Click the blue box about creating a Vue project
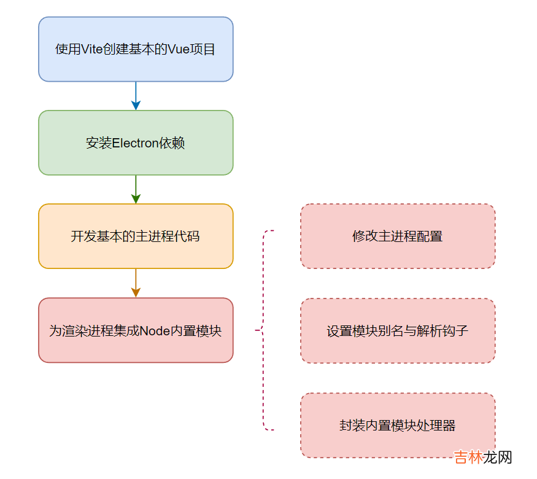tap(136, 49)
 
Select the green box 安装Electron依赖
tap(136, 143)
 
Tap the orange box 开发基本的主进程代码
tap(136, 236)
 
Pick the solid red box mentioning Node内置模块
tap(136, 330)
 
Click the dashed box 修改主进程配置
tap(397, 236)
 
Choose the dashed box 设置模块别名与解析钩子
tap(397, 331)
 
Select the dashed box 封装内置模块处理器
tap(397, 425)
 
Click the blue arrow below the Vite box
tap(136, 95)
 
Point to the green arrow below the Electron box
tap(136, 189)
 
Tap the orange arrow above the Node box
tap(136, 282)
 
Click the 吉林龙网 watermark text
tap(483, 458)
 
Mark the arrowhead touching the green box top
tap(136, 106)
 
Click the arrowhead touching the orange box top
tap(136, 199)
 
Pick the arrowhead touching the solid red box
tap(136, 293)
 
